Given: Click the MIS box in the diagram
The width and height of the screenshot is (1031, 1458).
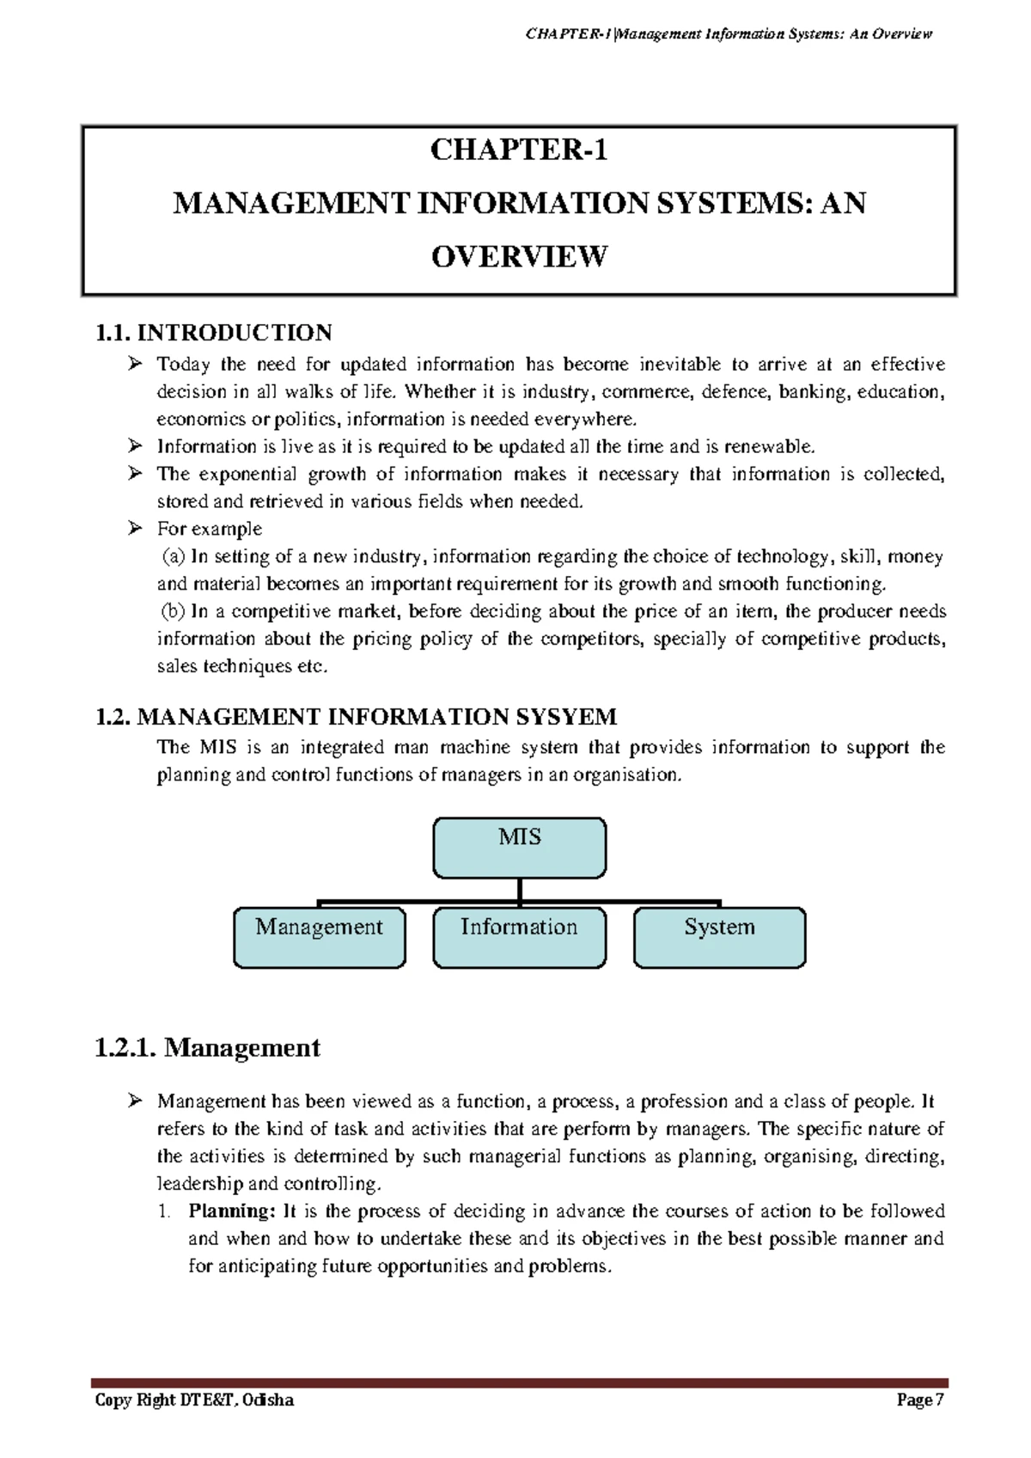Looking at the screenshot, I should click(x=519, y=848).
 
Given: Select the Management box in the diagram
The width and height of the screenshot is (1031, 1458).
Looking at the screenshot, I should click(x=319, y=938).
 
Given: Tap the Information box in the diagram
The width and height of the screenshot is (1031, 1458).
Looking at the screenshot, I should click(x=519, y=938).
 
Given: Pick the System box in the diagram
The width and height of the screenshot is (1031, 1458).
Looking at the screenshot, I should click(x=719, y=938).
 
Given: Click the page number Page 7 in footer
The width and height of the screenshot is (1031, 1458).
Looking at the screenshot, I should click(x=919, y=1400).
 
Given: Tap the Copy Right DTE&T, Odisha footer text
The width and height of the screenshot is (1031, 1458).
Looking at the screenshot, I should click(x=194, y=1400).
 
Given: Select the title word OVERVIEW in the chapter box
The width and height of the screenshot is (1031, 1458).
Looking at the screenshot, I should click(x=519, y=256).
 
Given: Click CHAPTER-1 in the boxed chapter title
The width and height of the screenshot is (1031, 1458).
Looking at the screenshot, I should click(x=519, y=150).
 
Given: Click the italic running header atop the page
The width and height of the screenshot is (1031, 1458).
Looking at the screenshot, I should click(x=727, y=34).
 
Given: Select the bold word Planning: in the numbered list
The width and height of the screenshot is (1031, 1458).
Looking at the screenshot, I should click(x=232, y=1211).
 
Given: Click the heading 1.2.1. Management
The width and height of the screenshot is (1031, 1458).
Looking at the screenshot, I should click(x=207, y=1048).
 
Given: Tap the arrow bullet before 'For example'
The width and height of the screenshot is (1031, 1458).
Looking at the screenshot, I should click(x=134, y=529).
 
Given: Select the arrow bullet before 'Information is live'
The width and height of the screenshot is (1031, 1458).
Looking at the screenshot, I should click(x=134, y=446).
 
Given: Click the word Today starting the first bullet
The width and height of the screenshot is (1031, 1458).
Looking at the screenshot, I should click(x=183, y=364).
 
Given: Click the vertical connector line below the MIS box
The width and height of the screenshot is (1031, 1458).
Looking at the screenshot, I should click(x=520, y=891).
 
